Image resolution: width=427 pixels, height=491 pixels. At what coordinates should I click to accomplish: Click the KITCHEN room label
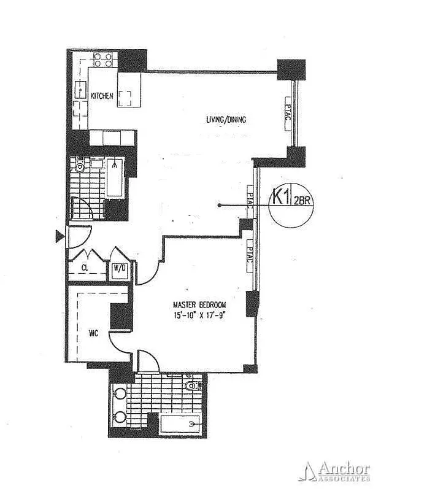pyautogui.click(x=101, y=96)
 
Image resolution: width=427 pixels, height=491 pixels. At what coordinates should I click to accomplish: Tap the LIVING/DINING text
pyautogui.click(x=226, y=120)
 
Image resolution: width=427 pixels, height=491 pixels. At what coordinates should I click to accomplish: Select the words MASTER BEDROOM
pyautogui.click(x=199, y=305)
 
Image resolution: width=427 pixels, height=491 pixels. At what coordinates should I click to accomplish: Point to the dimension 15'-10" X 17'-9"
pyautogui.click(x=199, y=315)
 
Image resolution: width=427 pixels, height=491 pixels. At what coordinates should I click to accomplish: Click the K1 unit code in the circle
pyautogui.click(x=281, y=198)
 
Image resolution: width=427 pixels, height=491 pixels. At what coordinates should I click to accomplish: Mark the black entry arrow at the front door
pyautogui.click(x=60, y=237)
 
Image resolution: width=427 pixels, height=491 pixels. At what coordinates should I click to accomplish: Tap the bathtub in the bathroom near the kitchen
pyautogui.click(x=115, y=178)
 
